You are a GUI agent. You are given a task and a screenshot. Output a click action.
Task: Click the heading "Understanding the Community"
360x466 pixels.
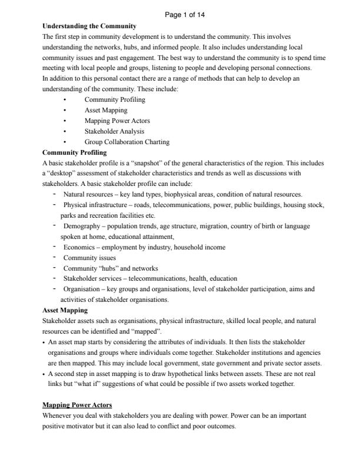(x=89, y=26)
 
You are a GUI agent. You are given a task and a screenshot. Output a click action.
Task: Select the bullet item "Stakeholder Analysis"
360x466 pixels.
(x=114, y=131)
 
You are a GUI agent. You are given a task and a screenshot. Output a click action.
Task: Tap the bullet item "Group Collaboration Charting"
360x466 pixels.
(x=127, y=142)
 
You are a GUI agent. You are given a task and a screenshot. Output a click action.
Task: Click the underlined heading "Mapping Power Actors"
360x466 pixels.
(x=76, y=405)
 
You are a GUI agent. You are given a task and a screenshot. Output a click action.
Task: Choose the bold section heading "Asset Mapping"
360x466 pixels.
(x=65, y=309)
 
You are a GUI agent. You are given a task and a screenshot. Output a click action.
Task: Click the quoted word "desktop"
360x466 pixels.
(x=64, y=173)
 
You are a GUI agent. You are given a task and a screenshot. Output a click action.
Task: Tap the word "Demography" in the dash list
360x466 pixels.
(x=82, y=226)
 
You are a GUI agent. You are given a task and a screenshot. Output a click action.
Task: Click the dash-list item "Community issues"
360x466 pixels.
(x=89, y=257)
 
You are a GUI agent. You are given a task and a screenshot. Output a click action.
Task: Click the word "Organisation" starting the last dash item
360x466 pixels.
(x=82, y=289)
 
